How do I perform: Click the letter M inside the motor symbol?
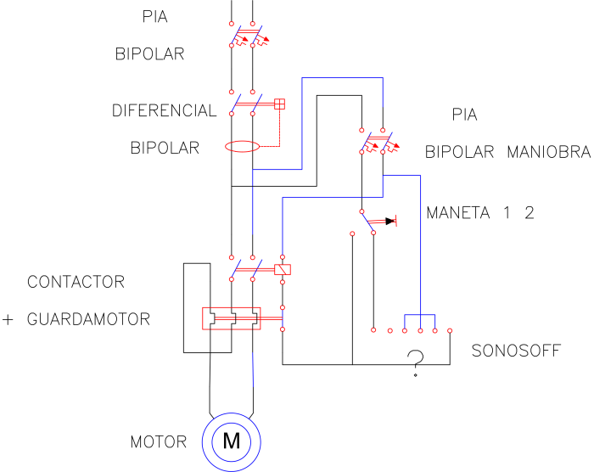[x=232, y=441]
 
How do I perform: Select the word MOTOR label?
[x=159, y=442]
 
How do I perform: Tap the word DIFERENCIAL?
[x=164, y=110]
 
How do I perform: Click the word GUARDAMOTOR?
[x=88, y=319]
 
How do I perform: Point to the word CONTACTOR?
[x=76, y=282]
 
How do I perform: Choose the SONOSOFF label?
[x=516, y=351]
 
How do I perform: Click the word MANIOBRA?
[x=549, y=152]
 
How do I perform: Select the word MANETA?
[x=458, y=213]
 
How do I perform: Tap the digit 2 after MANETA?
[x=530, y=213]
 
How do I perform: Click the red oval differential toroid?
[x=243, y=146]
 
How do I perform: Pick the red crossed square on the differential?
[x=279, y=104]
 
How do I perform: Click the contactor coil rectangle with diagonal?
[x=283, y=270]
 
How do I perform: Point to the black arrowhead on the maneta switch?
[x=390, y=221]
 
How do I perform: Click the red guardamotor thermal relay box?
[x=231, y=318]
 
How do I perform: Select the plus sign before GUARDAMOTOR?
[x=8, y=320]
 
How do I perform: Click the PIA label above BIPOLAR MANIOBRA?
[x=464, y=115]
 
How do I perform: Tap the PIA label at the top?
[x=154, y=17]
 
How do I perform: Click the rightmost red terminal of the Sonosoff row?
[x=450, y=330]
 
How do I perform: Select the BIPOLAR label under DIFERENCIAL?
[x=165, y=148]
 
